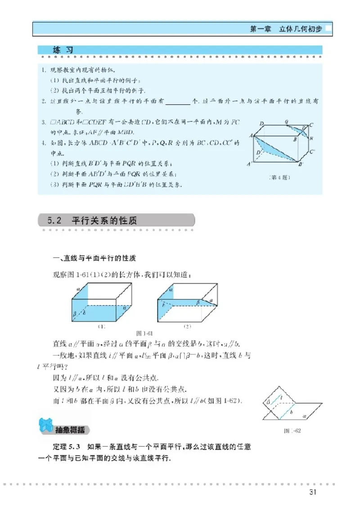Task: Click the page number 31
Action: click(314, 491)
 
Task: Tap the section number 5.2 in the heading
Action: click(54, 221)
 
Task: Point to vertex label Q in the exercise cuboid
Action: click(287, 122)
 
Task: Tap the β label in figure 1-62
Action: click(268, 402)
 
